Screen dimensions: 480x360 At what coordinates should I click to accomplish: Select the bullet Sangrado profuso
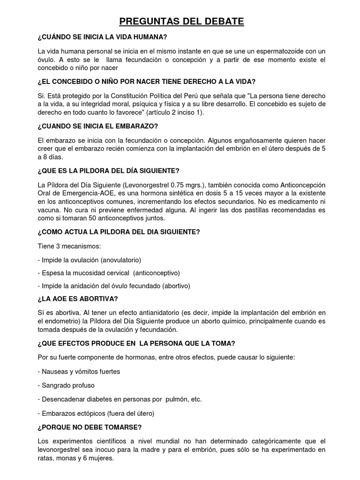point(67,385)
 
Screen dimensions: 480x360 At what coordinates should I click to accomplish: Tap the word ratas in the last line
point(47,458)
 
